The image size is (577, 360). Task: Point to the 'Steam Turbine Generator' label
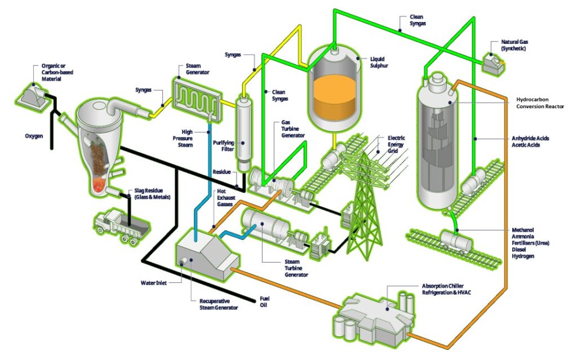(296, 268)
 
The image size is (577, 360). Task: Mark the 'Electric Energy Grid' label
(396, 145)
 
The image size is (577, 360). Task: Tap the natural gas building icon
(493, 62)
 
